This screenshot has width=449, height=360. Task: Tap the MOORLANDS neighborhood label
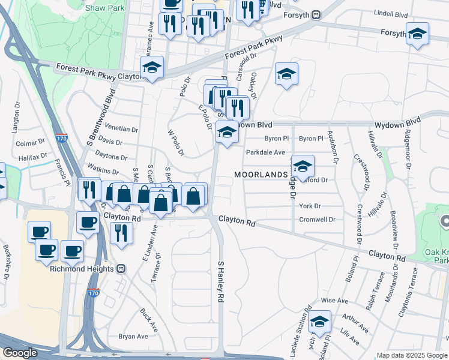click(261, 174)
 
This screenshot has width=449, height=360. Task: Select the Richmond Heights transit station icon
click(121, 268)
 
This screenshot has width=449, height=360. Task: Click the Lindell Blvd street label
click(390, 12)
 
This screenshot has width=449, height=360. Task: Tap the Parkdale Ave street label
click(265, 152)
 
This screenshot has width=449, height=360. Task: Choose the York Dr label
click(310, 206)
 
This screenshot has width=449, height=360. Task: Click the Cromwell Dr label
click(317, 220)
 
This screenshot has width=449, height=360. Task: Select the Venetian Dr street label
click(121, 129)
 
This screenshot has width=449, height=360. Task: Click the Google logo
click(20, 353)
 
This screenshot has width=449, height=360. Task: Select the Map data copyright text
click(412, 355)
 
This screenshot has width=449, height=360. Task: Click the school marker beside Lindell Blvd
click(417, 34)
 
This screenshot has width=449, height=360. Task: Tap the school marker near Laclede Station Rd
click(320, 322)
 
